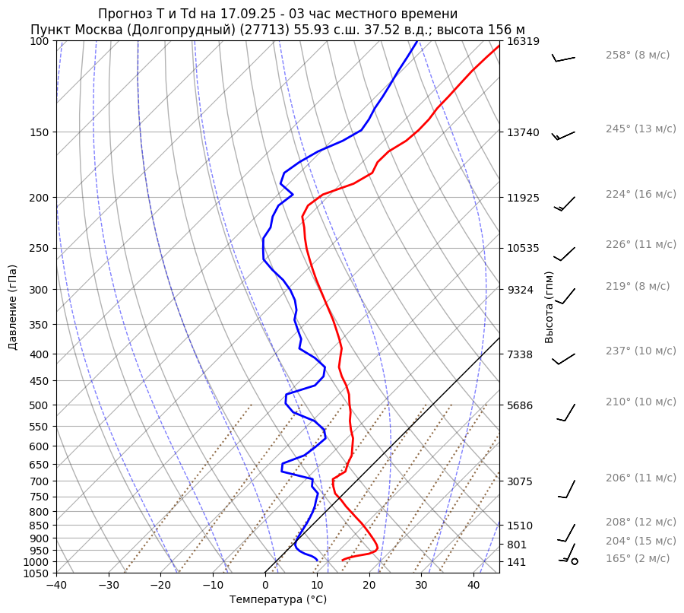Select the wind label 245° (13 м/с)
(x=641, y=129)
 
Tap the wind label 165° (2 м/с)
(x=638, y=559)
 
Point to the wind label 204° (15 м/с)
(x=641, y=542)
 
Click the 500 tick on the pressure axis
(x=40, y=405)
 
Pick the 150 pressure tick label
(x=40, y=132)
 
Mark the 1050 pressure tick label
(x=36, y=573)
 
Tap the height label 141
(x=517, y=562)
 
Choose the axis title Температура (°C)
(x=278, y=600)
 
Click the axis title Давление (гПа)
(x=13, y=307)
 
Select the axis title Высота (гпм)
(x=549, y=307)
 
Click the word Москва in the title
(x=104, y=30)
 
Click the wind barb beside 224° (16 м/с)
(x=565, y=203)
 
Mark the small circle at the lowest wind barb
(x=575, y=561)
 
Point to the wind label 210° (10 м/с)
(x=641, y=402)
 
